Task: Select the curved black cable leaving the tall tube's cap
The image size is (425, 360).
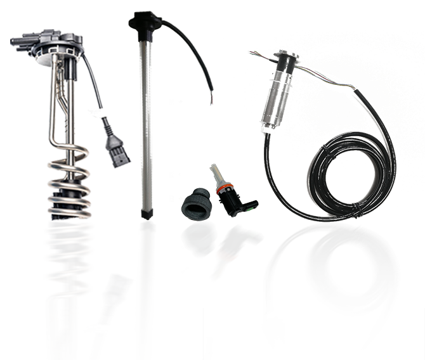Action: point(190,38)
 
